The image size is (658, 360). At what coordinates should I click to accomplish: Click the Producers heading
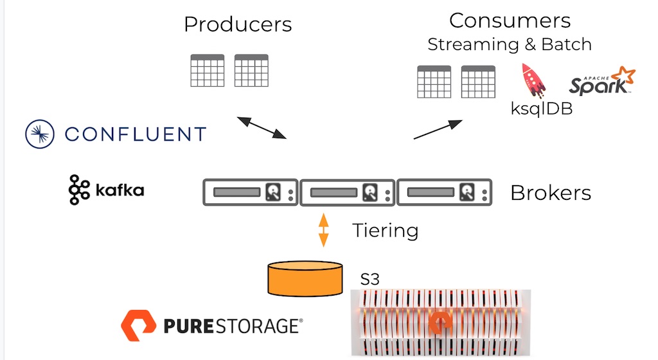238,24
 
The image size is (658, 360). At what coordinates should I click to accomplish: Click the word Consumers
510,21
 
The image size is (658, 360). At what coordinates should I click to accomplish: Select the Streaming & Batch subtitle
510,44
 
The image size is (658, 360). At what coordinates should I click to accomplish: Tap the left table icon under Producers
208,71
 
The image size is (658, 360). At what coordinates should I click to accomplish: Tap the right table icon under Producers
251,71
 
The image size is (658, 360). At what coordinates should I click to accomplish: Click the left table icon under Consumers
434,82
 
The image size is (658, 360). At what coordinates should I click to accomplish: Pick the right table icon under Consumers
478,82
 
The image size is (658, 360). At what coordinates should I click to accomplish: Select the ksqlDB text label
541,109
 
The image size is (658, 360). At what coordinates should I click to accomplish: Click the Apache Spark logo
601,81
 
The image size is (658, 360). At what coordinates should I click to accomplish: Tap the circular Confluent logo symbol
40,134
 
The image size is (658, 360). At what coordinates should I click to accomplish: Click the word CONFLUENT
136,134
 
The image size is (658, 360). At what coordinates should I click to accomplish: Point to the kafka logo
107,190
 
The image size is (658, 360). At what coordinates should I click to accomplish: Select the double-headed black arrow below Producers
262,127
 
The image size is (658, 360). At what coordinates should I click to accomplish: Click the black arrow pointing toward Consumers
438,129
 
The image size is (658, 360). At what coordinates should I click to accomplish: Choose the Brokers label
551,193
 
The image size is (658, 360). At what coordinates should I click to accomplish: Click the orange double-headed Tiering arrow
324,230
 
